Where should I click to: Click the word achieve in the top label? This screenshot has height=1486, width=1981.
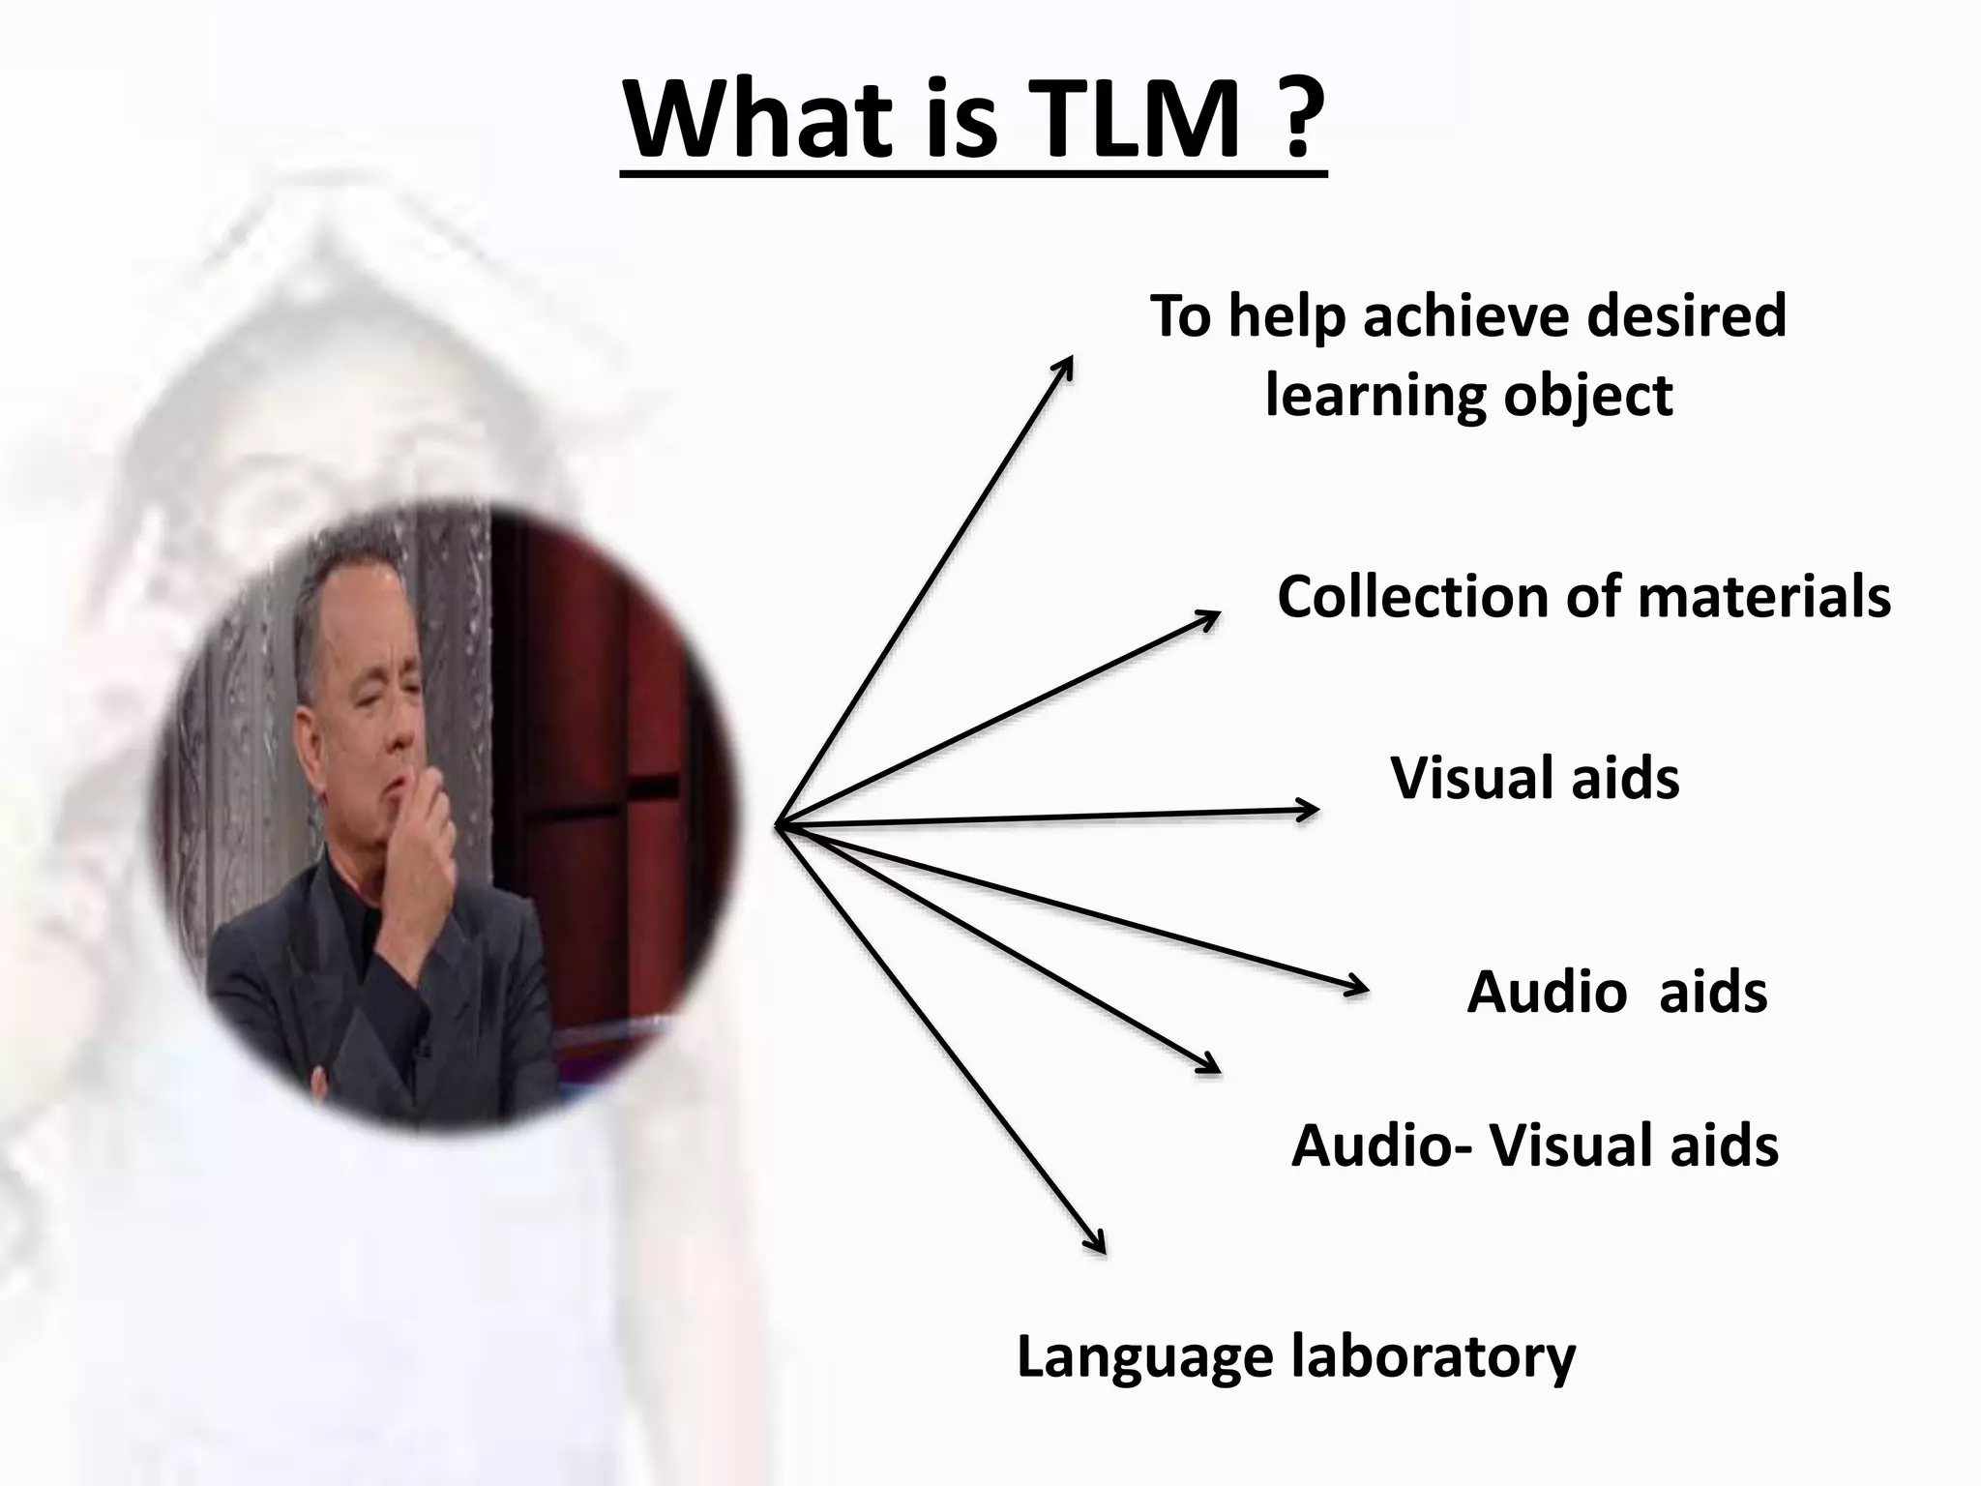1464,316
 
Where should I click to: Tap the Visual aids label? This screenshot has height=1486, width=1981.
1535,778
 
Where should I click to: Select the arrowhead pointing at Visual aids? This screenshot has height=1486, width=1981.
1306,810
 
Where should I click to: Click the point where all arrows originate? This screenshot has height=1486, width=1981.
778,825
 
